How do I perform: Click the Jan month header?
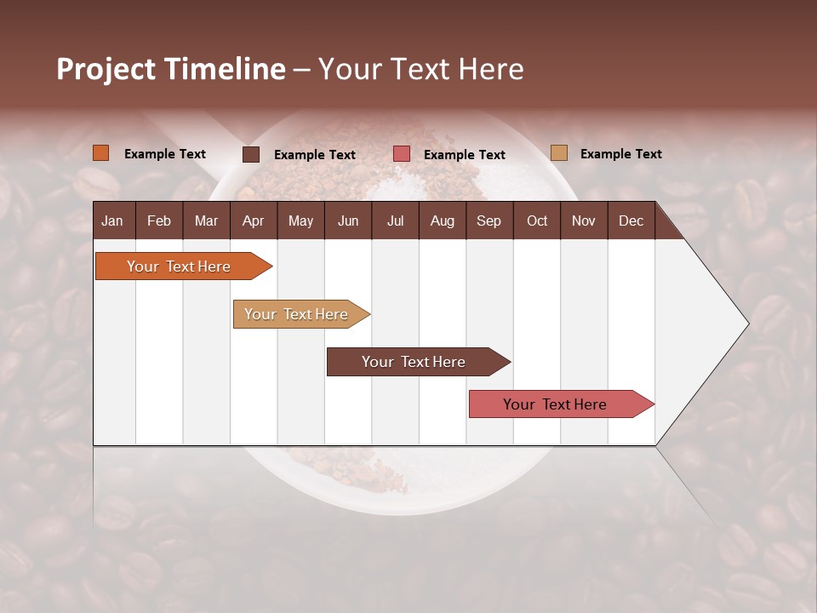pos(112,221)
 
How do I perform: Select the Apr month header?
pos(253,221)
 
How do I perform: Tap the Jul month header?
pos(395,221)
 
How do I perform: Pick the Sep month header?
pos(488,221)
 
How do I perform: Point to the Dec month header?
pos(631,221)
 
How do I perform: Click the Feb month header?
pos(159,221)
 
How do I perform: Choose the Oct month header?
pos(537,221)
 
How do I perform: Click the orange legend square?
pos(101,153)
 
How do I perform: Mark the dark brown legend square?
pos(251,154)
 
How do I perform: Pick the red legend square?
pos(402,154)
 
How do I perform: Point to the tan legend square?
pos(559,153)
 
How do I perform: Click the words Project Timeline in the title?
pos(170,69)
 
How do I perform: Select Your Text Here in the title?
pos(421,69)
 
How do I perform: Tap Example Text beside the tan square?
pos(620,154)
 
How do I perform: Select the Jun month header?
pos(348,221)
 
